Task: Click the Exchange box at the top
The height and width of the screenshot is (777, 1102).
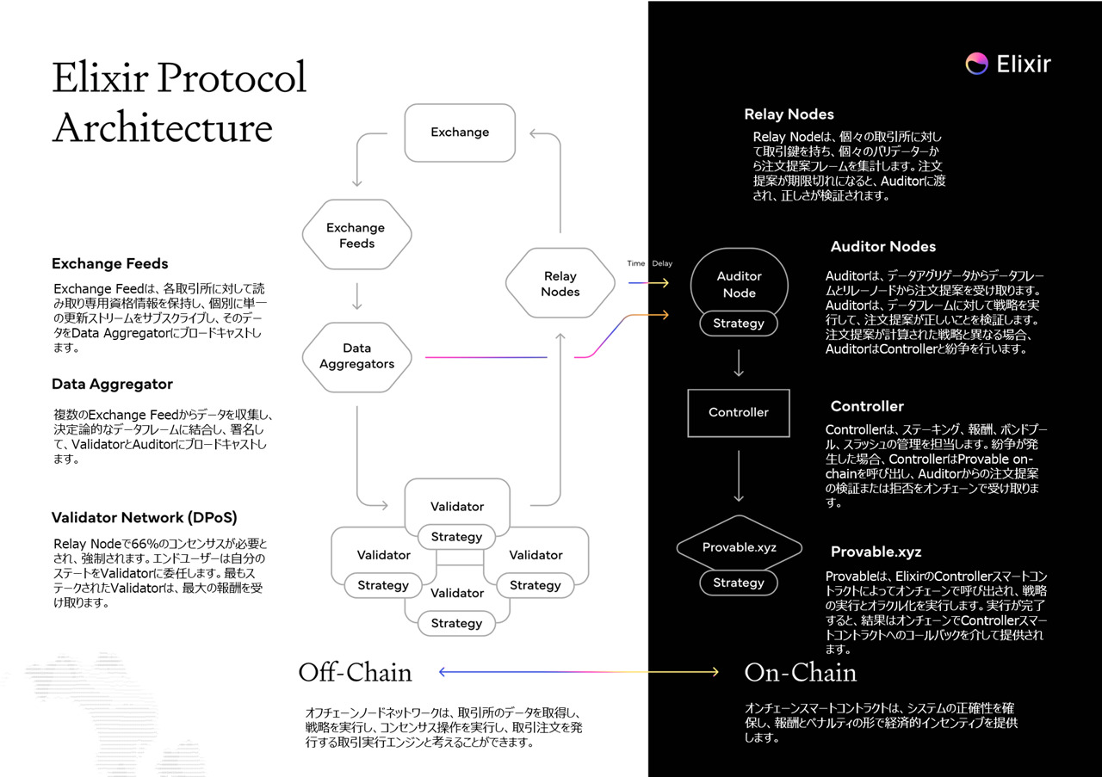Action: point(460,133)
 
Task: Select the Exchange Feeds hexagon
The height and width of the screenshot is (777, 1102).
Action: point(356,235)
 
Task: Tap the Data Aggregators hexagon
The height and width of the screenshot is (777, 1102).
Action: point(356,356)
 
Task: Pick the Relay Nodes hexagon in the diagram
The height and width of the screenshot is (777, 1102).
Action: point(560,284)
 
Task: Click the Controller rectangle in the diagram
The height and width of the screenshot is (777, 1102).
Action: point(738,412)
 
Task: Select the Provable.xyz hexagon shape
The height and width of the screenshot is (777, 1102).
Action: point(740,548)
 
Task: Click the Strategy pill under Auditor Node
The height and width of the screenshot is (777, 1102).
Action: point(739,324)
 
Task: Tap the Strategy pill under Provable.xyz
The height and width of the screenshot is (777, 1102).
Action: point(739,583)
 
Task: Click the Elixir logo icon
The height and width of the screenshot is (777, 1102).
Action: point(976,64)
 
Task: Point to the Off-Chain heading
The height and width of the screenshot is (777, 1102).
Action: point(355,672)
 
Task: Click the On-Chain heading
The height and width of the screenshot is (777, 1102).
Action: point(800,672)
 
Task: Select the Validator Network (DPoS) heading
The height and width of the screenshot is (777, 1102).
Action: point(144,518)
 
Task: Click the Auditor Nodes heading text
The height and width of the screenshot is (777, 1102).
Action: point(882,247)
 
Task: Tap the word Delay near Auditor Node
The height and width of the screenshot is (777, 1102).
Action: point(662,263)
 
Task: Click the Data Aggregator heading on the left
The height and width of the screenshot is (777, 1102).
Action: point(112,385)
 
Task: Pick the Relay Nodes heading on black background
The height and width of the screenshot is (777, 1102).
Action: point(789,114)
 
